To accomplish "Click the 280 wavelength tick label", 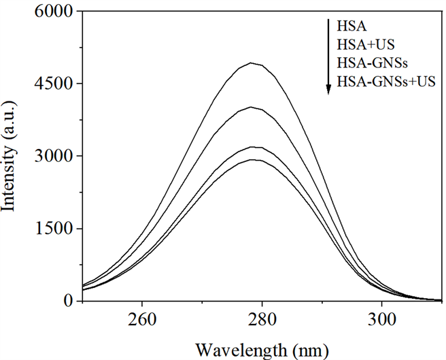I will [x=261, y=316].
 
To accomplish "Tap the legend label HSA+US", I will [x=364, y=46].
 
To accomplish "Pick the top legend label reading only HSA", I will [x=351, y=27].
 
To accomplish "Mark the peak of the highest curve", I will [x=252, y=63].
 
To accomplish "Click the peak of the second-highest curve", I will [x=252, y=107].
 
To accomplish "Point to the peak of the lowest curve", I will [x=254, y=159].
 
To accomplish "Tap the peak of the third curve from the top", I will [x=254, y=147].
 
